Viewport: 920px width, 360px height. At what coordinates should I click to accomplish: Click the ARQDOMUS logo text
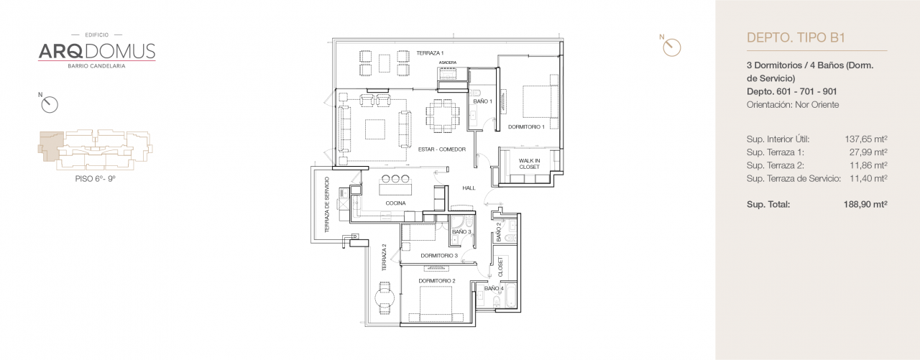pos(96,50)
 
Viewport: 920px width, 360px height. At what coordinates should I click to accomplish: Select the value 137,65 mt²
pos(865,139)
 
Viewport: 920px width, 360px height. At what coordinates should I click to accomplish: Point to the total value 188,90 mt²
pos(865,204)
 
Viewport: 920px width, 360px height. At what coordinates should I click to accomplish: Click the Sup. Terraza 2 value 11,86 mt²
pos(868,165)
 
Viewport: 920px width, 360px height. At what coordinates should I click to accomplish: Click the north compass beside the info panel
pos(672,47)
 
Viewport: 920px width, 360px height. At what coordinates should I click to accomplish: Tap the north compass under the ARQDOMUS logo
pos(49,104)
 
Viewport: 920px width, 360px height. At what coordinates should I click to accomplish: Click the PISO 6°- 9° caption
pos(96,177)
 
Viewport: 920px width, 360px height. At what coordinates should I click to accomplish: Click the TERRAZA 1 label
pos(430,53)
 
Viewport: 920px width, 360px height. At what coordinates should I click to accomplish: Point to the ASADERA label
pos(448,63)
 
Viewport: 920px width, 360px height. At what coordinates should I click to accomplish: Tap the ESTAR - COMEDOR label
pos(442,149)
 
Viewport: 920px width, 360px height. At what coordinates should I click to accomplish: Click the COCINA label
pos(395,203)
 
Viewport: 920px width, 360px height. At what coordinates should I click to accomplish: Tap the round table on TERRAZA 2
pos(383,295)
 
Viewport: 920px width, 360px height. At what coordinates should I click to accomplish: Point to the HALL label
pos(469,188)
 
